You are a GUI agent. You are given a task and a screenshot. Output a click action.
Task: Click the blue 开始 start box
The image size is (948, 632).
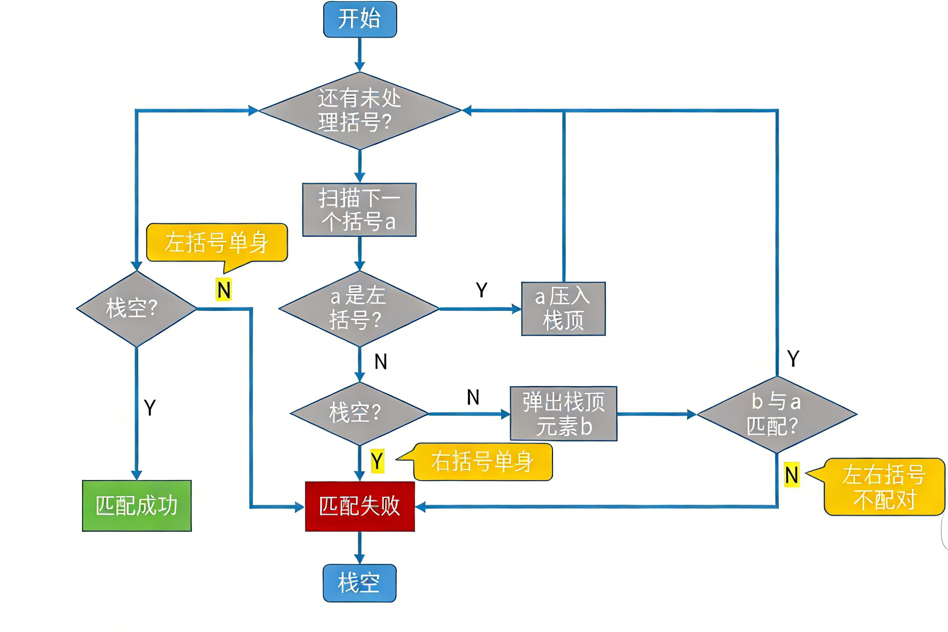tap(360, 19)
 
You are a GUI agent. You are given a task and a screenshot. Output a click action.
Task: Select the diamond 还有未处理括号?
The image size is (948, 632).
tap(359, 110)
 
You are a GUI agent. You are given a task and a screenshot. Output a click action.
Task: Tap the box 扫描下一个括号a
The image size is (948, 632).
tap(359, 209)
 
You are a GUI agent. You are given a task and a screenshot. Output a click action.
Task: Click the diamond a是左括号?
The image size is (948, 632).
tap(359, 308)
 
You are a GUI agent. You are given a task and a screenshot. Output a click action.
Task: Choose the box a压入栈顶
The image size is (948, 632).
tap(563, 308)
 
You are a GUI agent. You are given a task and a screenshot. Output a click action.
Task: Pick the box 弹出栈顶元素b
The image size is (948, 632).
tap(564, 414)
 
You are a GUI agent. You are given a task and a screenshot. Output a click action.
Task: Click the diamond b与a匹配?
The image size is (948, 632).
tap(777, 414)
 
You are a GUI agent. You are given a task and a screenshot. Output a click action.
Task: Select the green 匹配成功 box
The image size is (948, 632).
tap(136, 505)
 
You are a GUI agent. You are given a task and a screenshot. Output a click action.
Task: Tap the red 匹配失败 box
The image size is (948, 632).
tap(359, 506)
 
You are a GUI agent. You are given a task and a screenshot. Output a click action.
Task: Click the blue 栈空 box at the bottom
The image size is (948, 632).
tap(359, 583)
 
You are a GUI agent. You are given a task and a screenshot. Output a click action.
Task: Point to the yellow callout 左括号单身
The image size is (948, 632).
tap(217, 242)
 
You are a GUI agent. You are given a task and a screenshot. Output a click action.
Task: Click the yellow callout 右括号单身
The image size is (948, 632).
tap(482, 462)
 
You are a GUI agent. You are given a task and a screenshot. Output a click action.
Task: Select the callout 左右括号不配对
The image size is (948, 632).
tap(884, 486)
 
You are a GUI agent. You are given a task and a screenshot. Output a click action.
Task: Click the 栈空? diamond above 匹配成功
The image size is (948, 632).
tap(136, 308)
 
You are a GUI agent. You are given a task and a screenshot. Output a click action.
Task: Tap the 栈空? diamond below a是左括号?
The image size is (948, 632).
tap(359, 413)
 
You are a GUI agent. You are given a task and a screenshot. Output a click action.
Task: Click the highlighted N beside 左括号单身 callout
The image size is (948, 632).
tap(224, 290)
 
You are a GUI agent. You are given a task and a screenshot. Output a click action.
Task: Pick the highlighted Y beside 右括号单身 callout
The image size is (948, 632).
tap(377, 461)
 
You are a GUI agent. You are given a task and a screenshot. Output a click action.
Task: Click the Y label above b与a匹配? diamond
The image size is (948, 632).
tap(793, 358)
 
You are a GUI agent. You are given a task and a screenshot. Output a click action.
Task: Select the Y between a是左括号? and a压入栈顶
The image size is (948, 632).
tap(482, 290)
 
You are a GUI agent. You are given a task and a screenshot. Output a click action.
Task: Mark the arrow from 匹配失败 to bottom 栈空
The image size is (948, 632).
tap(359, 548)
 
